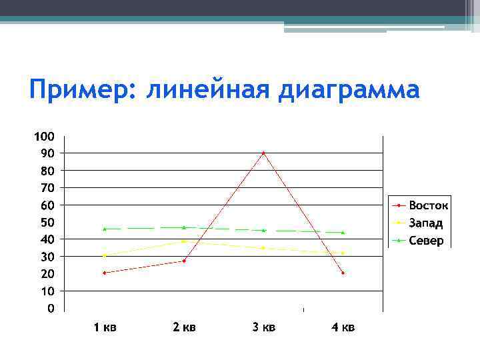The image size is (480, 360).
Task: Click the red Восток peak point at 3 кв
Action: pos(263,153)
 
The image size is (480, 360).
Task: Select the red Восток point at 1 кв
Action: pos(104,273)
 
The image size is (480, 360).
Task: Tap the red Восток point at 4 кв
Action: pos(343,273)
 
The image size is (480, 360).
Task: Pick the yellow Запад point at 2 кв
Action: pos(183,241)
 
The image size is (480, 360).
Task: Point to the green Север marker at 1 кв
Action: pos(104,229)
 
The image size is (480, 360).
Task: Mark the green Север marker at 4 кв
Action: pos(343,232)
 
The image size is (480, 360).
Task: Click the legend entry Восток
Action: pos(429,205)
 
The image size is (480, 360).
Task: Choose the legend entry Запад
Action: pos(426,223)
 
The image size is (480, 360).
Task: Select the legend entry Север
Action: pos(426,241)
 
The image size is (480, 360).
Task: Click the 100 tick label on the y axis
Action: pos(44,137)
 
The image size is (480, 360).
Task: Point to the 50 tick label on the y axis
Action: pos(46,222)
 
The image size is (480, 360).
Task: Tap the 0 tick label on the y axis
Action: pos(50,309)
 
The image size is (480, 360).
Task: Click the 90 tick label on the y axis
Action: pos(46,153)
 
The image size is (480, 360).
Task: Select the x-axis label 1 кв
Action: pos(105,327)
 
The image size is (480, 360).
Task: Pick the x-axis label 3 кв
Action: pos(264,327)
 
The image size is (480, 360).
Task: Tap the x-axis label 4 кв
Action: pos(343,327)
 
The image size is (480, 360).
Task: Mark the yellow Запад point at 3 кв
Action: pos(263,247)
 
